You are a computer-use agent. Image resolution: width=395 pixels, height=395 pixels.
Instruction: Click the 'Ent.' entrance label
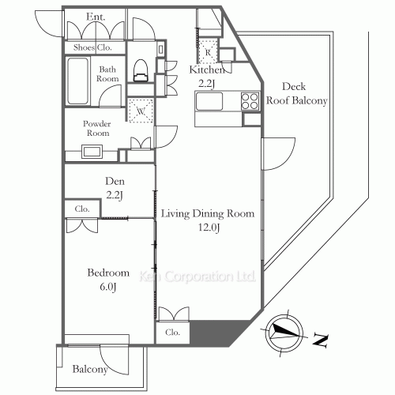pos(96,17)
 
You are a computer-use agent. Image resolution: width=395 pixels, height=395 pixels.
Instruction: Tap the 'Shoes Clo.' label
pos(92,47)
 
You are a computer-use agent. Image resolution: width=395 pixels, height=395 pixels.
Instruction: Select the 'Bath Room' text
pos(107,74)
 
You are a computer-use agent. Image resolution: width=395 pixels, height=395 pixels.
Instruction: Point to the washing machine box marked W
pos(140,111)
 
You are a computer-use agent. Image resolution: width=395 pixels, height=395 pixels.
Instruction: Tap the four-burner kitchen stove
pos(249,101)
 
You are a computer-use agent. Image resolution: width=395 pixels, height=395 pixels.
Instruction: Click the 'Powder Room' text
pos(98,128)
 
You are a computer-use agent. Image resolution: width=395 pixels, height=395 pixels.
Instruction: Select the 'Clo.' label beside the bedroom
pos(83,209)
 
